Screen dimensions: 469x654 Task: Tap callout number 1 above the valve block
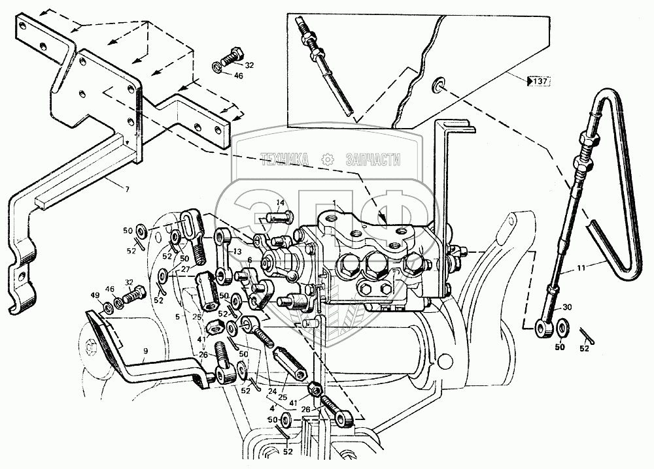coord(334,205)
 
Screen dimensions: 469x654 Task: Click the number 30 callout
coord(567,308)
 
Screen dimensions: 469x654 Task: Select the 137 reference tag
coord(538,82)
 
